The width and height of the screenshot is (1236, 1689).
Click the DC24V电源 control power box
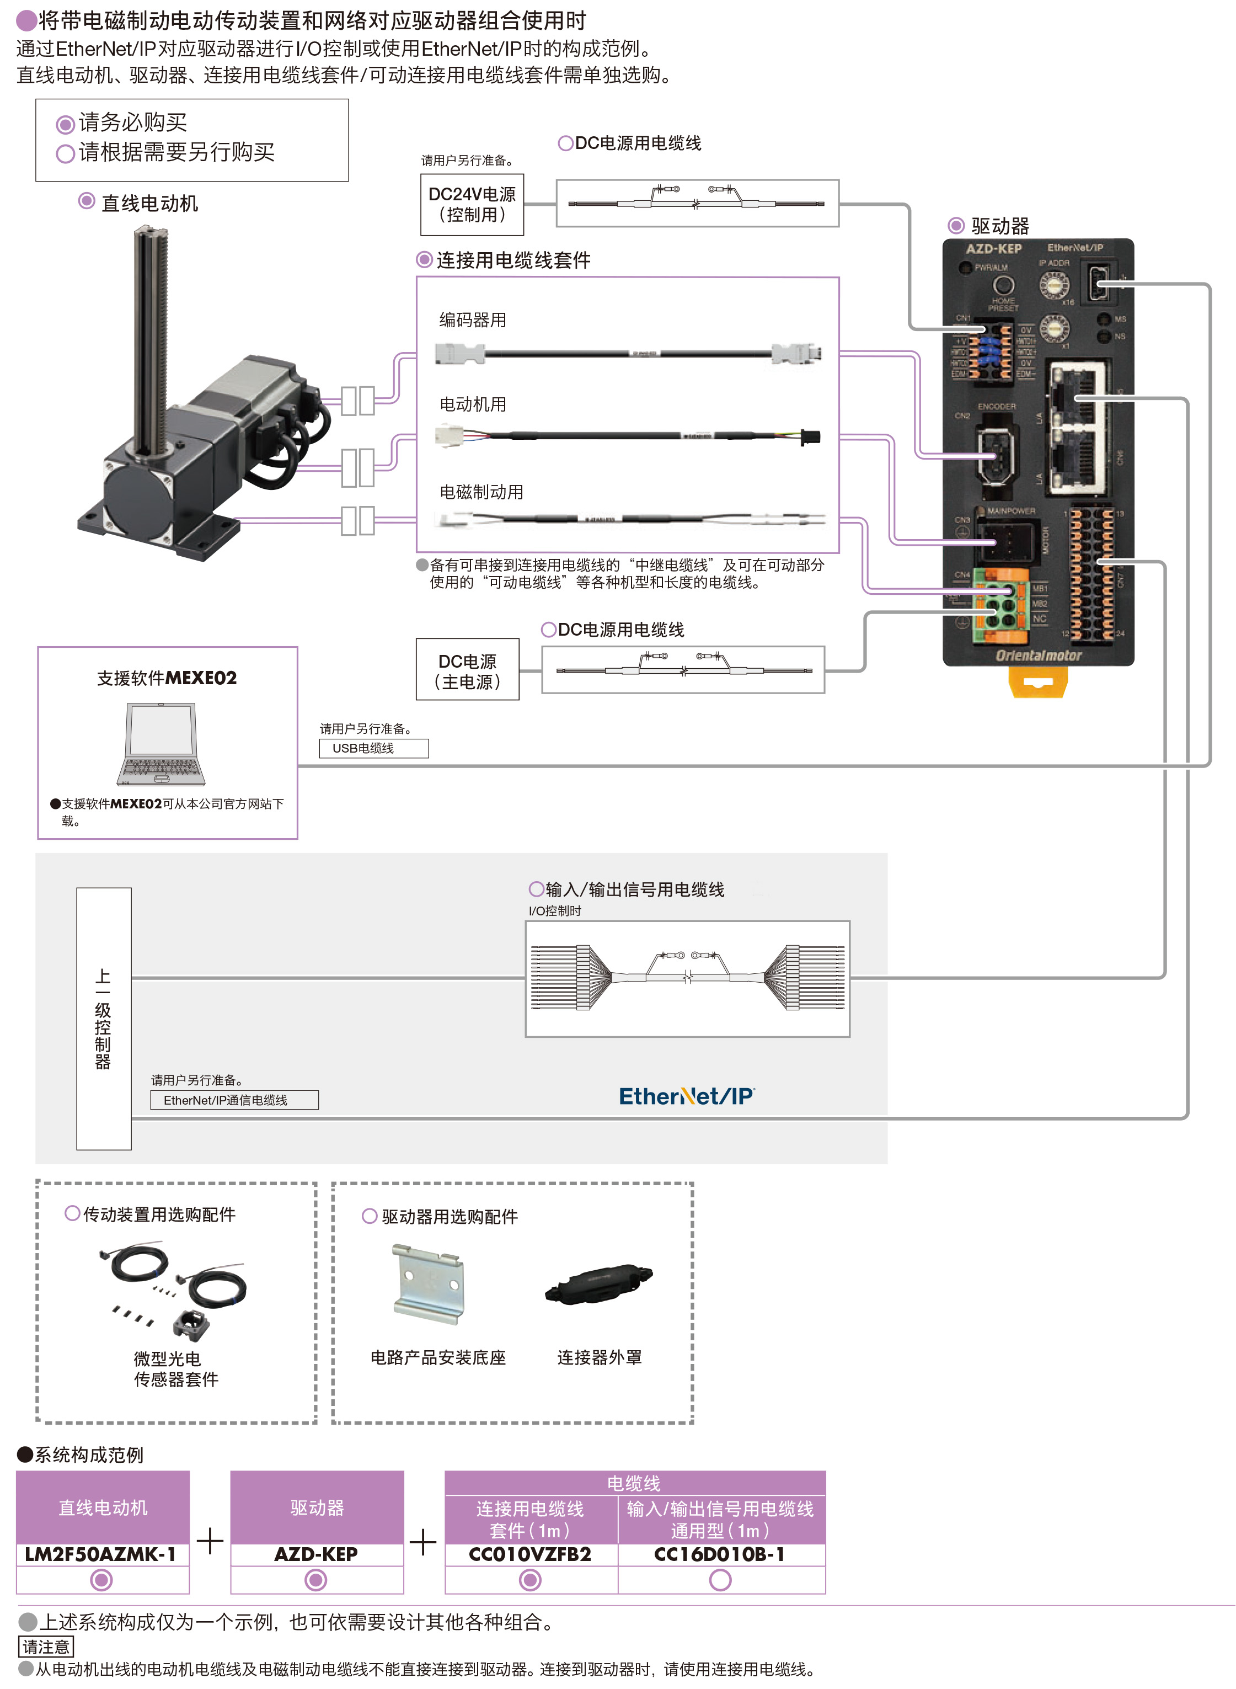pyautogui.click(x=472, y=204)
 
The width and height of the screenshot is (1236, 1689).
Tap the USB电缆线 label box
pyautogui.click(x=373, y=748)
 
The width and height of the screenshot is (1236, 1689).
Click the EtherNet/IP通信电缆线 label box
pyautogui.click(x=234, y=1099)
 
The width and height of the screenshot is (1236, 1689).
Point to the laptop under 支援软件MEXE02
pyautogui.click(x=162, y=744)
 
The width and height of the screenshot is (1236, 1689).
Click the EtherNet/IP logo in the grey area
pyautogui.click(x=686, y=1096)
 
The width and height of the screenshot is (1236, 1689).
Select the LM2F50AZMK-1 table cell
pyautogui.click(x=101, y=1554)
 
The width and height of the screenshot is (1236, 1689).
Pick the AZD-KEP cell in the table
pyautogui.click(x=317, y=1554)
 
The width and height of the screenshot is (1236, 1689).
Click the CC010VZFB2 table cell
pyautogui.click(x=531, y=1554)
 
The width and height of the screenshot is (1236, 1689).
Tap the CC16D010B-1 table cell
pyautogui.click(x=720, y=1554)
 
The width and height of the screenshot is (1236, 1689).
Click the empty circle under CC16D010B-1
pyautogui.click(x=720, y=1579)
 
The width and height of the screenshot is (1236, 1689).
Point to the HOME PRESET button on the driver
pyautogui.click(x=1003, y=285)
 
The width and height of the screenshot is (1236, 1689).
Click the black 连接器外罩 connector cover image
pyautogui.click(x=600, y=1283)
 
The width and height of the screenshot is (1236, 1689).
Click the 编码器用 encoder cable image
pyautogui.click(x=628, y=353)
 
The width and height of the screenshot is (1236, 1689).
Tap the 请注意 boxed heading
pyautogui.click(x=46, y=1647)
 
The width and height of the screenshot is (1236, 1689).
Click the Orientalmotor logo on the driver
pyautogui.click(x=1039, y=656)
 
